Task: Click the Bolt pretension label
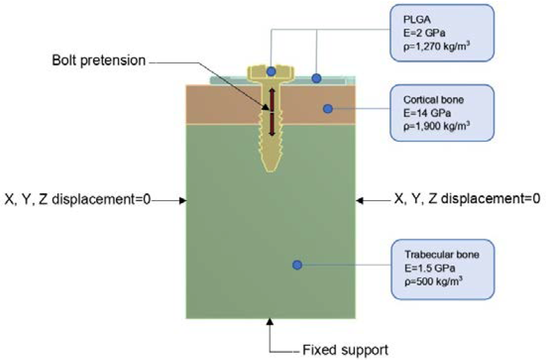(99, 60)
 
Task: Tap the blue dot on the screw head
(271, 72)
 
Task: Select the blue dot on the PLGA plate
(316, 78)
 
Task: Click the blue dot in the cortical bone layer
(328, 109)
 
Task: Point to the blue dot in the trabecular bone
(297, 265)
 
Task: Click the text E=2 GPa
(424, 33)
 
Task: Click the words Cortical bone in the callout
(433, 100)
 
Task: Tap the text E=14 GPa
(427, 113)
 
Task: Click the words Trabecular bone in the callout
(442, 255)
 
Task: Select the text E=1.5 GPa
(429, 268)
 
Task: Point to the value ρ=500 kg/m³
(433, 282)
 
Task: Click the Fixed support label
(345, 350)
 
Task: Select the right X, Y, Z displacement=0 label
(467, 198)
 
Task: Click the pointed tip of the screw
(271, 170)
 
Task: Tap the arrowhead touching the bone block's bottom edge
(270, 322)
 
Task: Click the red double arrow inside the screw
(272, 112)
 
